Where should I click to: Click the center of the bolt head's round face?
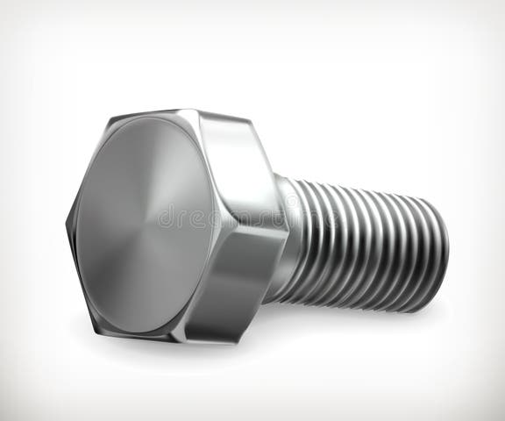pos(145,224)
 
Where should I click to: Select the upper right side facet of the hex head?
pos(235,167)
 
